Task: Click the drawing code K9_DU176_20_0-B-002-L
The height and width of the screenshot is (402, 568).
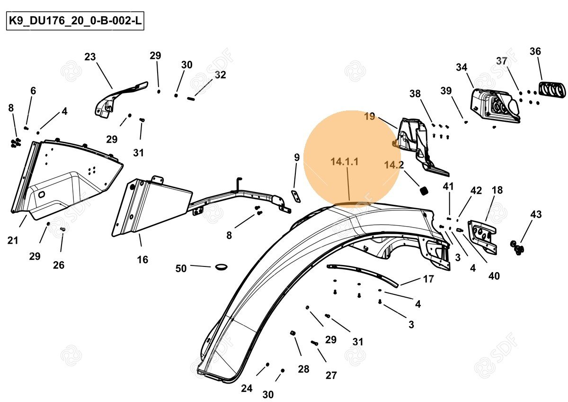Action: pyautogui.click(x=75, y=22)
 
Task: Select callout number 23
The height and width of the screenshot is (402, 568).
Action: pyautogui.click(x=90, y=57)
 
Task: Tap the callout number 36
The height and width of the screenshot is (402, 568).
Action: pyautogui.click(x=535, y=51)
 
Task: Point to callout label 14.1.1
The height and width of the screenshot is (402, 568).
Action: pyautogui.click(x=345, y=162)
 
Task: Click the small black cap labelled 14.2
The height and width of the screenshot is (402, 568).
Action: pyautogui.click(x=424, y=190)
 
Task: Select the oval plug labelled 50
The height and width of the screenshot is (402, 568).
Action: pyautogui.click(x=221, y=267)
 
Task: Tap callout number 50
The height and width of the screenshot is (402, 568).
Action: pyautogui.click(x=181, y=268)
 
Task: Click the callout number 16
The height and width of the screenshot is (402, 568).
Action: pyautogui.click(x=142, y=259)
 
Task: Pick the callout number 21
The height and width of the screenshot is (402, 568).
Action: pyautogui.click(x=13, y=240)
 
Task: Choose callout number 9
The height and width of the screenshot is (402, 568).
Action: pyautogui.click(x=297, y=157)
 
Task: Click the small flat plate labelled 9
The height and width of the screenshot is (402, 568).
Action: pyautogui.click(x=295, y=195)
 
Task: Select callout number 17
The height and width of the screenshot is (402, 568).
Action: pyautogui.click(x=428, y=279)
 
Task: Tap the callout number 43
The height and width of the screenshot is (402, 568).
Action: pyautogui.click(x=536, y=214)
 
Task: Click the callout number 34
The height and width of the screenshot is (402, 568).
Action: pyautogui.click(x=461, y=67)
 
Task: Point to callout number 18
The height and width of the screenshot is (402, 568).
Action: pyautogui.click(x=497, y=190)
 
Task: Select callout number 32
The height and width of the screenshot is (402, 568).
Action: pyautogui.click(x=220, y=75)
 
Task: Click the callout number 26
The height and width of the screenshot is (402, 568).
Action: pyautogui.click(x=59, y=265)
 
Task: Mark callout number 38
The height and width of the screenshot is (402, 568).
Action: pyautogui.click(x=415, y=94)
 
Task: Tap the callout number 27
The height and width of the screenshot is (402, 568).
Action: pyautogui.click(x=331, y=375)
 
